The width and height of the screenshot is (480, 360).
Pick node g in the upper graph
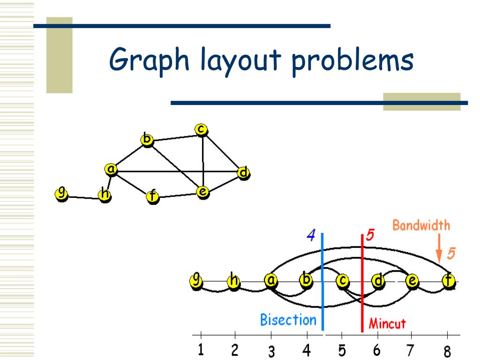tap(61, 193)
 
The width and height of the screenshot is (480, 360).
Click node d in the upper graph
tap(243, 173)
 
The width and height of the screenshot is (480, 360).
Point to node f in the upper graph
tap(152, 196)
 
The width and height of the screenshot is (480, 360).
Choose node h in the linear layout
tap(233, 281)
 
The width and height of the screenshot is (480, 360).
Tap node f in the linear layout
tap(449, 281)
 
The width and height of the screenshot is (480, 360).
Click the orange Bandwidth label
tap(421, 225)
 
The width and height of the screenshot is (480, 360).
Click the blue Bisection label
tap(288, 320)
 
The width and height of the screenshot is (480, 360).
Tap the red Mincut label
tap(387, 323)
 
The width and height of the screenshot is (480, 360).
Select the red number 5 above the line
tap(370, 235)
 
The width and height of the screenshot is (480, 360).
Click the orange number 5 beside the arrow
tap(450, 254)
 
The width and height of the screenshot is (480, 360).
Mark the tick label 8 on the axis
tap(447, 351)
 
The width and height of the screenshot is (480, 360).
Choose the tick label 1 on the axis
tap(201, 350)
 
